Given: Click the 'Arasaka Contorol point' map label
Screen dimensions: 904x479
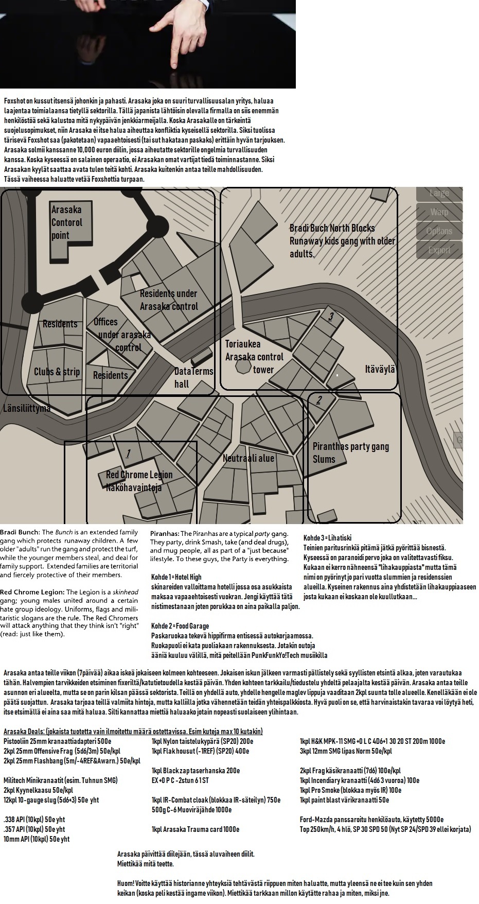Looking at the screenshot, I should pyautogui.click(x=66, y=222).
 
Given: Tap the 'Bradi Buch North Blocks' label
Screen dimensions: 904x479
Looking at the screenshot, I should pyautogui.click(x=332, y=228).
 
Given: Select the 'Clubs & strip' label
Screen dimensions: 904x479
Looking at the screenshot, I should pyautogui.click(x=57, y=372).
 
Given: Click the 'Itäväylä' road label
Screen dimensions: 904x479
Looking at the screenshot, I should pyautogui.click(x=380, y=369).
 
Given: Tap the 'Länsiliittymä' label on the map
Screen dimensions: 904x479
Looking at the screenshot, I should pyautogui.click(x=27, y=408).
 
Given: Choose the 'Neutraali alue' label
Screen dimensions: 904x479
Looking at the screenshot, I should pyautogui.click(x=249, y=458).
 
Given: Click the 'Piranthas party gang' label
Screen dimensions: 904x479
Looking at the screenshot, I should pyautogui.click(x=350, y=446).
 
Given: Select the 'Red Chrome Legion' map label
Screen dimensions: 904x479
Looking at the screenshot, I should pyautogui.click(x=139, y=475).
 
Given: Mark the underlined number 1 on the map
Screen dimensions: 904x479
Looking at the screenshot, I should pyautogui.click(x=128, y=454).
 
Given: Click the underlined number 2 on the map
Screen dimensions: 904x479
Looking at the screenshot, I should pyautogui.click(x=319, y=400).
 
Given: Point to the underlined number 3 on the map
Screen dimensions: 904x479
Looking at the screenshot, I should pyautogui.click(x=331, y=316).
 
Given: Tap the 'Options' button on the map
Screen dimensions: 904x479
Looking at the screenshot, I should pyautogui.click(x=439, y=231).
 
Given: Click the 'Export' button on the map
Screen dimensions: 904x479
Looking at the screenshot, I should pyautogui.click(x=439, y=250).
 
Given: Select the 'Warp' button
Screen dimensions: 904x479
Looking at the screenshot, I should pyautogui.click(x=439, y=212).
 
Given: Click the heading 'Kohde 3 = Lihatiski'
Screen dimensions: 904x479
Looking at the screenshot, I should pyautogui.click(x=327, y=538).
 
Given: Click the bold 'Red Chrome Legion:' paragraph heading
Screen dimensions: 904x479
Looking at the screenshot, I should pyautogui.click(x=32, y=592).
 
